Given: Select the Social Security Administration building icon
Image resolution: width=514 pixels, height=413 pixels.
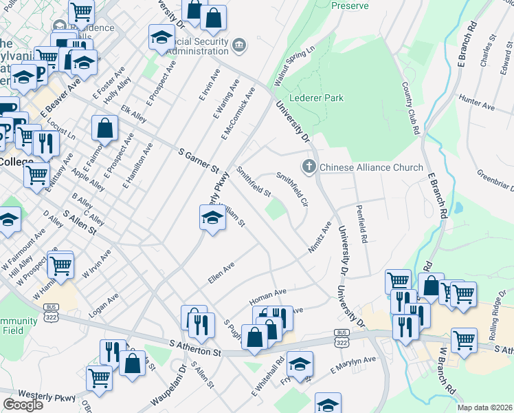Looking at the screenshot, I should tap(238, 45).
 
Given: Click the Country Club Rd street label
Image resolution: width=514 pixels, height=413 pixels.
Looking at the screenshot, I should tap(411, 108).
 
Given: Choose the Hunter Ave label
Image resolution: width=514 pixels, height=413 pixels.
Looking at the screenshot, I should tap(478, 103).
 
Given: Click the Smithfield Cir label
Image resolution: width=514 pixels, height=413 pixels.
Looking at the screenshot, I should tap(292, 189).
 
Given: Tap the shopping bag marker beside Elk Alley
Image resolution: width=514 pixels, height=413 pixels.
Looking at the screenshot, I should tap(104, 127).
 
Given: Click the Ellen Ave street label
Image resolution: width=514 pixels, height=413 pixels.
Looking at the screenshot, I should tap(221, 273).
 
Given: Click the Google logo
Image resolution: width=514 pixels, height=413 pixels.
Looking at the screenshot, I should tap(23, 405).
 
